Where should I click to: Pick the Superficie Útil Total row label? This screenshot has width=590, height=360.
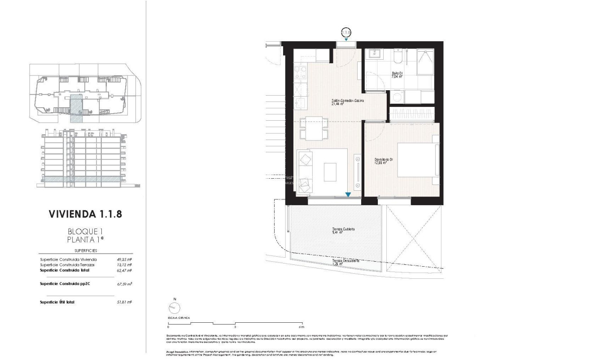[x=57, y=303]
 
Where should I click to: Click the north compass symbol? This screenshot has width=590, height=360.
[x=174, y=307]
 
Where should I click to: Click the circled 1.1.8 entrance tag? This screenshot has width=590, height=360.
[x=346, y=32]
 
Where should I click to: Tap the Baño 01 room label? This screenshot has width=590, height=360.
[x=398, y=75]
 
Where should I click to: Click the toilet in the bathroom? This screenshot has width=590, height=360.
[x=398, y=57]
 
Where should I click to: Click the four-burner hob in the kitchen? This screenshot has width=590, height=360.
[x=300, y=73]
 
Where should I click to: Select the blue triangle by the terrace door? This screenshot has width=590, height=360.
[x=348, y=195]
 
